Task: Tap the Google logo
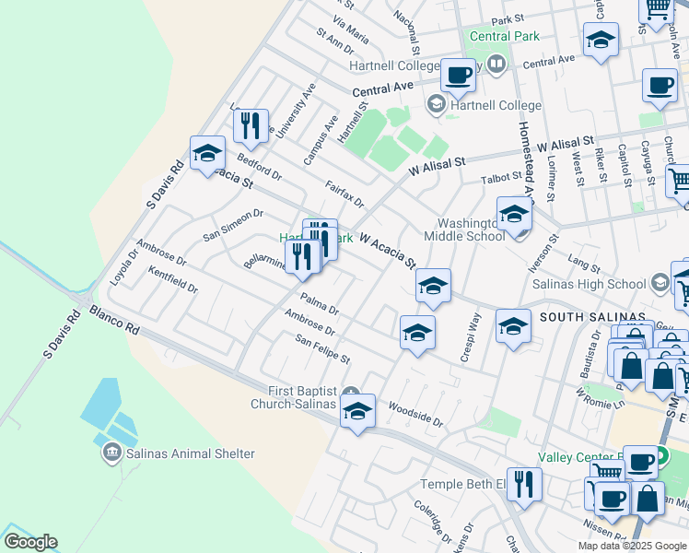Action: [29, 542]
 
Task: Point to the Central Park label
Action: [504, 36]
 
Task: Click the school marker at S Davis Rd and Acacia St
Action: [207, 155]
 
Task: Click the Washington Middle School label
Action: [471, 229]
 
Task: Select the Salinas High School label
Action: [589, 283]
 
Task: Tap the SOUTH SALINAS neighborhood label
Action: [592, 317]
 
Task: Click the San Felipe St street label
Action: [322, 349]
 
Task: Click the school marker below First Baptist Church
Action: [357, 412]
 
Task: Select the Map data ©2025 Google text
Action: [633, 546]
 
